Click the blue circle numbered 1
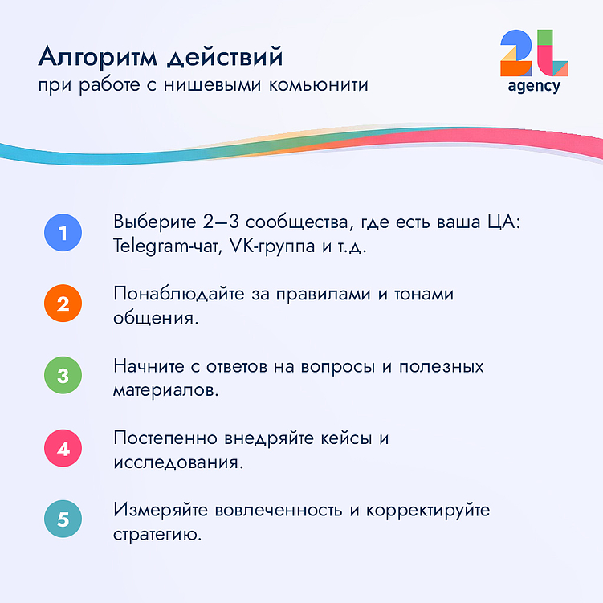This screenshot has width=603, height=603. pos(63,234)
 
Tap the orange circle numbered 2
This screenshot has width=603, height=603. pos(63,305)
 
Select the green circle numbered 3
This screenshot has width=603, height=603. pos(63,377)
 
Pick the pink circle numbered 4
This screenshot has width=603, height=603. pos(63,448)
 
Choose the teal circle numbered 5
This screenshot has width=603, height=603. pos(63,519)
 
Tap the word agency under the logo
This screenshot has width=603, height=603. pos(534,86)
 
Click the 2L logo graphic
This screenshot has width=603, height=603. pos(534,54)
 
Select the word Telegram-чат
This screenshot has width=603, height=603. pos(163,246)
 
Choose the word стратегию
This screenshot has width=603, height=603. pos(157,534)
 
